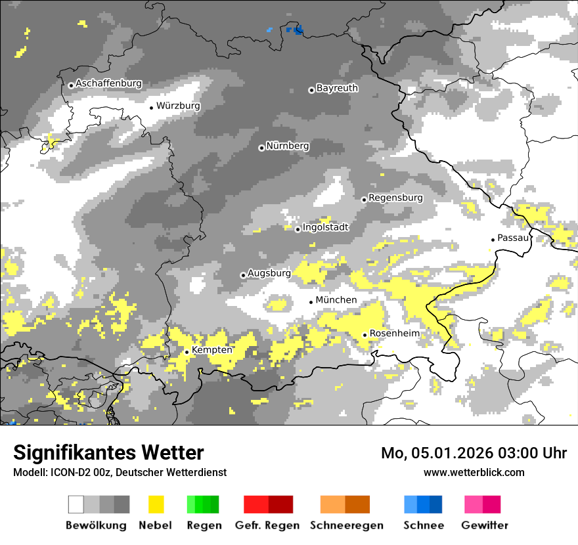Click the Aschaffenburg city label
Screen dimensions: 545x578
pyautogui.click(x=108, y=84)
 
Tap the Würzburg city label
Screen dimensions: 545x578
pyautogui.click(x=178, y=106)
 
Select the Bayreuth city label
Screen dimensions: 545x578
pyautogui.click(x=337, y=88)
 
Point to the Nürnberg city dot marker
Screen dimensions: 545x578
pyautogui.click(x=261, y=148)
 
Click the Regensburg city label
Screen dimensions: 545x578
pyautogui.click(x=395, y=198)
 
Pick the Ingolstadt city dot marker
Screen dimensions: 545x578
pyautogui.click(x=298, y=229)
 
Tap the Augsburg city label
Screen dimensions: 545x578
pyautogui.click(x=269, y=273)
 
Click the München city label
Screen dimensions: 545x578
pyautogui.click(x=336, y=300)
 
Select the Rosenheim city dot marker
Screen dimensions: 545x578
pyautogui.click(x=365, y=335)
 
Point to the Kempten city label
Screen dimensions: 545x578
pyautogui.click(x=211, y=350)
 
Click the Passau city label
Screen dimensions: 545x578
pyautogui.click(x=513, y=238)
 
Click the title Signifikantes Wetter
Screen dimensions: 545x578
pyautogui.click(x=108, y=453)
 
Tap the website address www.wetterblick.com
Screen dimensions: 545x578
pyautogui.click(x=474, y=472)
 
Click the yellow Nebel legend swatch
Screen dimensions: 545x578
pyautogui.click(x=156, y=504)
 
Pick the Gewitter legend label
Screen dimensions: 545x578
pyautogui.click(x=484, y=525)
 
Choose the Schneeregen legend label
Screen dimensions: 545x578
pyautogui.click(x=345, y=525)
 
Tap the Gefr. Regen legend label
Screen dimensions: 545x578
pyautogui.click(x=267, y=525)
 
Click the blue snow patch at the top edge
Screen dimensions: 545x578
pyautogui.click(x=298, y=30)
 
